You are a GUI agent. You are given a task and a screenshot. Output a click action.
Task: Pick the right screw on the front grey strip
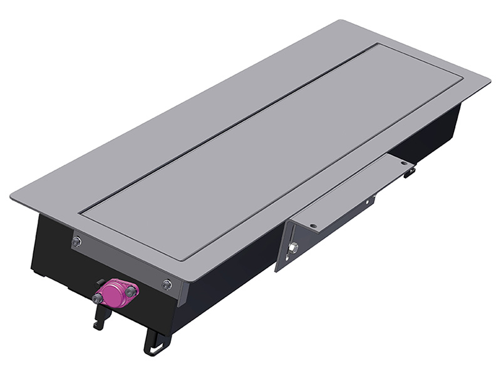point(167,285)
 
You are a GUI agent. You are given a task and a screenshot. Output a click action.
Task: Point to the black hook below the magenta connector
point(98,316)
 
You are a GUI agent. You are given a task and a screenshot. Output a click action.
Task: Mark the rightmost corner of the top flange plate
point(490,80)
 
